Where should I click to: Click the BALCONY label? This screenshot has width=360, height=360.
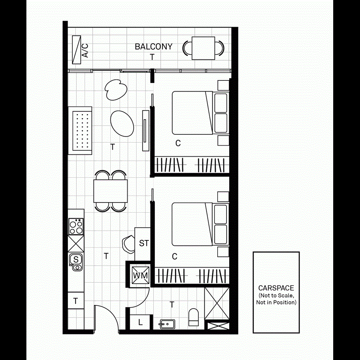point(154,46)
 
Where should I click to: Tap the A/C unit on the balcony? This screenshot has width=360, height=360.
point(77,49)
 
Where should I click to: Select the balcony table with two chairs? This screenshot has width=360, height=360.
point(203,48)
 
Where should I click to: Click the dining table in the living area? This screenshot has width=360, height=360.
point(110,191)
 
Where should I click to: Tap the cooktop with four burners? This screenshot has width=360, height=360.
point(76,227)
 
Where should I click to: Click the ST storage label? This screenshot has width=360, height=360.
point(144,243)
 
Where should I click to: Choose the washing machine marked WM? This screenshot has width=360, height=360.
point(140,276)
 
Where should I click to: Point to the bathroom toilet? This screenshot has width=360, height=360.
point(194,317)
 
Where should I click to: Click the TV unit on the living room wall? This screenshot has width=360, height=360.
point(146,130)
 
